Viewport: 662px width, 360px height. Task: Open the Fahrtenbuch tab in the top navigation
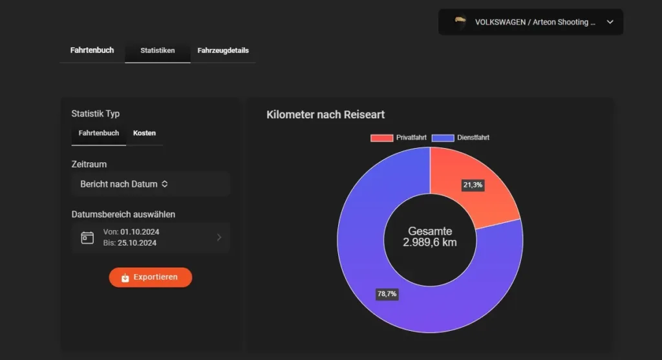(x=92, y=50)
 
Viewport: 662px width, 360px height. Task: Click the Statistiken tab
(x=158, y=50)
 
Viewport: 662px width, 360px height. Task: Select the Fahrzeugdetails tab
(x=223, y=50)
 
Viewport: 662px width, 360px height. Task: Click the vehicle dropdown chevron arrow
(x=610, y=22)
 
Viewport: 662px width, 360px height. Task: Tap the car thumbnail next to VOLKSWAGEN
(x=460, y=21)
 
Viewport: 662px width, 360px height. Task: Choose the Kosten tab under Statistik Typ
(x=144, y=133)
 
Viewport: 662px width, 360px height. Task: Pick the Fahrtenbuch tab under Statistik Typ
(x=99, y=133)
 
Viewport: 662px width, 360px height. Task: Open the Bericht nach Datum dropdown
(x=151, y=184)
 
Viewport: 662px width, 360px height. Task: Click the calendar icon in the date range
(x=87, y=237)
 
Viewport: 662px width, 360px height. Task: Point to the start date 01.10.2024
(x=140, y=232)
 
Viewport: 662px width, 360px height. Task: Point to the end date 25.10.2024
(x=139, y=243)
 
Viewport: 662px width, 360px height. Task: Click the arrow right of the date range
(x=219, y=237)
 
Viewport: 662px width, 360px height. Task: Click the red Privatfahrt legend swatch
(x=381, y=138)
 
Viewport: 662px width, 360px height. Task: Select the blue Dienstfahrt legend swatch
(x=443, y=138)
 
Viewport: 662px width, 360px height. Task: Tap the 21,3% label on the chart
(x=473, y=185)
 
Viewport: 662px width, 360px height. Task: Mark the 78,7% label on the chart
(x=387, y=294)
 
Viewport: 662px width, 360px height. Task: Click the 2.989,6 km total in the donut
(x=430, y=242)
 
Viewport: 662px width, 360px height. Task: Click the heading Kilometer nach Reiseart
(x=325, y=114)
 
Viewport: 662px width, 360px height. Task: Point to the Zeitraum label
(x=89, y=164)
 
